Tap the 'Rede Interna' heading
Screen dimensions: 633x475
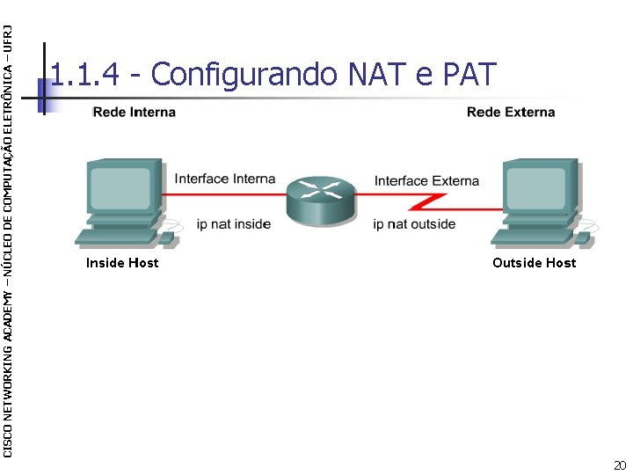pos(134,113)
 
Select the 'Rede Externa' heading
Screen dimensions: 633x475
pos(511,113)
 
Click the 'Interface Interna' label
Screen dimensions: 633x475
pos(225,179)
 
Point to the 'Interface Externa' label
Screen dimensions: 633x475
pos(426,181)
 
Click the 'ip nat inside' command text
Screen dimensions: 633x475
pos(233,224)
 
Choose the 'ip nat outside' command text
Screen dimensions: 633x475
pos(414,224)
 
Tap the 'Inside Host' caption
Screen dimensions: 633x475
pos(122,263)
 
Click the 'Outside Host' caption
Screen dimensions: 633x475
pos(534,263)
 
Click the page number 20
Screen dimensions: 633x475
pos(620,464)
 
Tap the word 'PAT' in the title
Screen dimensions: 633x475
pos(470,75)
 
